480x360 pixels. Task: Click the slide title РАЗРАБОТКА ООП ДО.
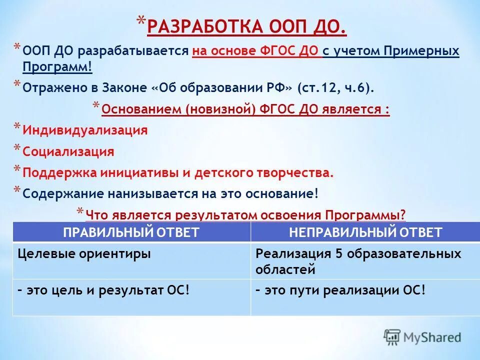click(x=246, y=26)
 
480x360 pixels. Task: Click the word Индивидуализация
click(x=85, y=130)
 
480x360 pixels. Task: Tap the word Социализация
click(x=68, y=151)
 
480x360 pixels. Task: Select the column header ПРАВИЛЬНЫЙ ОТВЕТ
click(x=131, y=232)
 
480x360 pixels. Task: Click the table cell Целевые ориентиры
click(x=84, y=253)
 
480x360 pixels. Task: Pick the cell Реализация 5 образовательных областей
click(x=358, y=261)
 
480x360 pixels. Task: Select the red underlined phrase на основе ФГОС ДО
click(x=256, y=51)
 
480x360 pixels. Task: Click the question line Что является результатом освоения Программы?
click(x=245, y=215)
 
